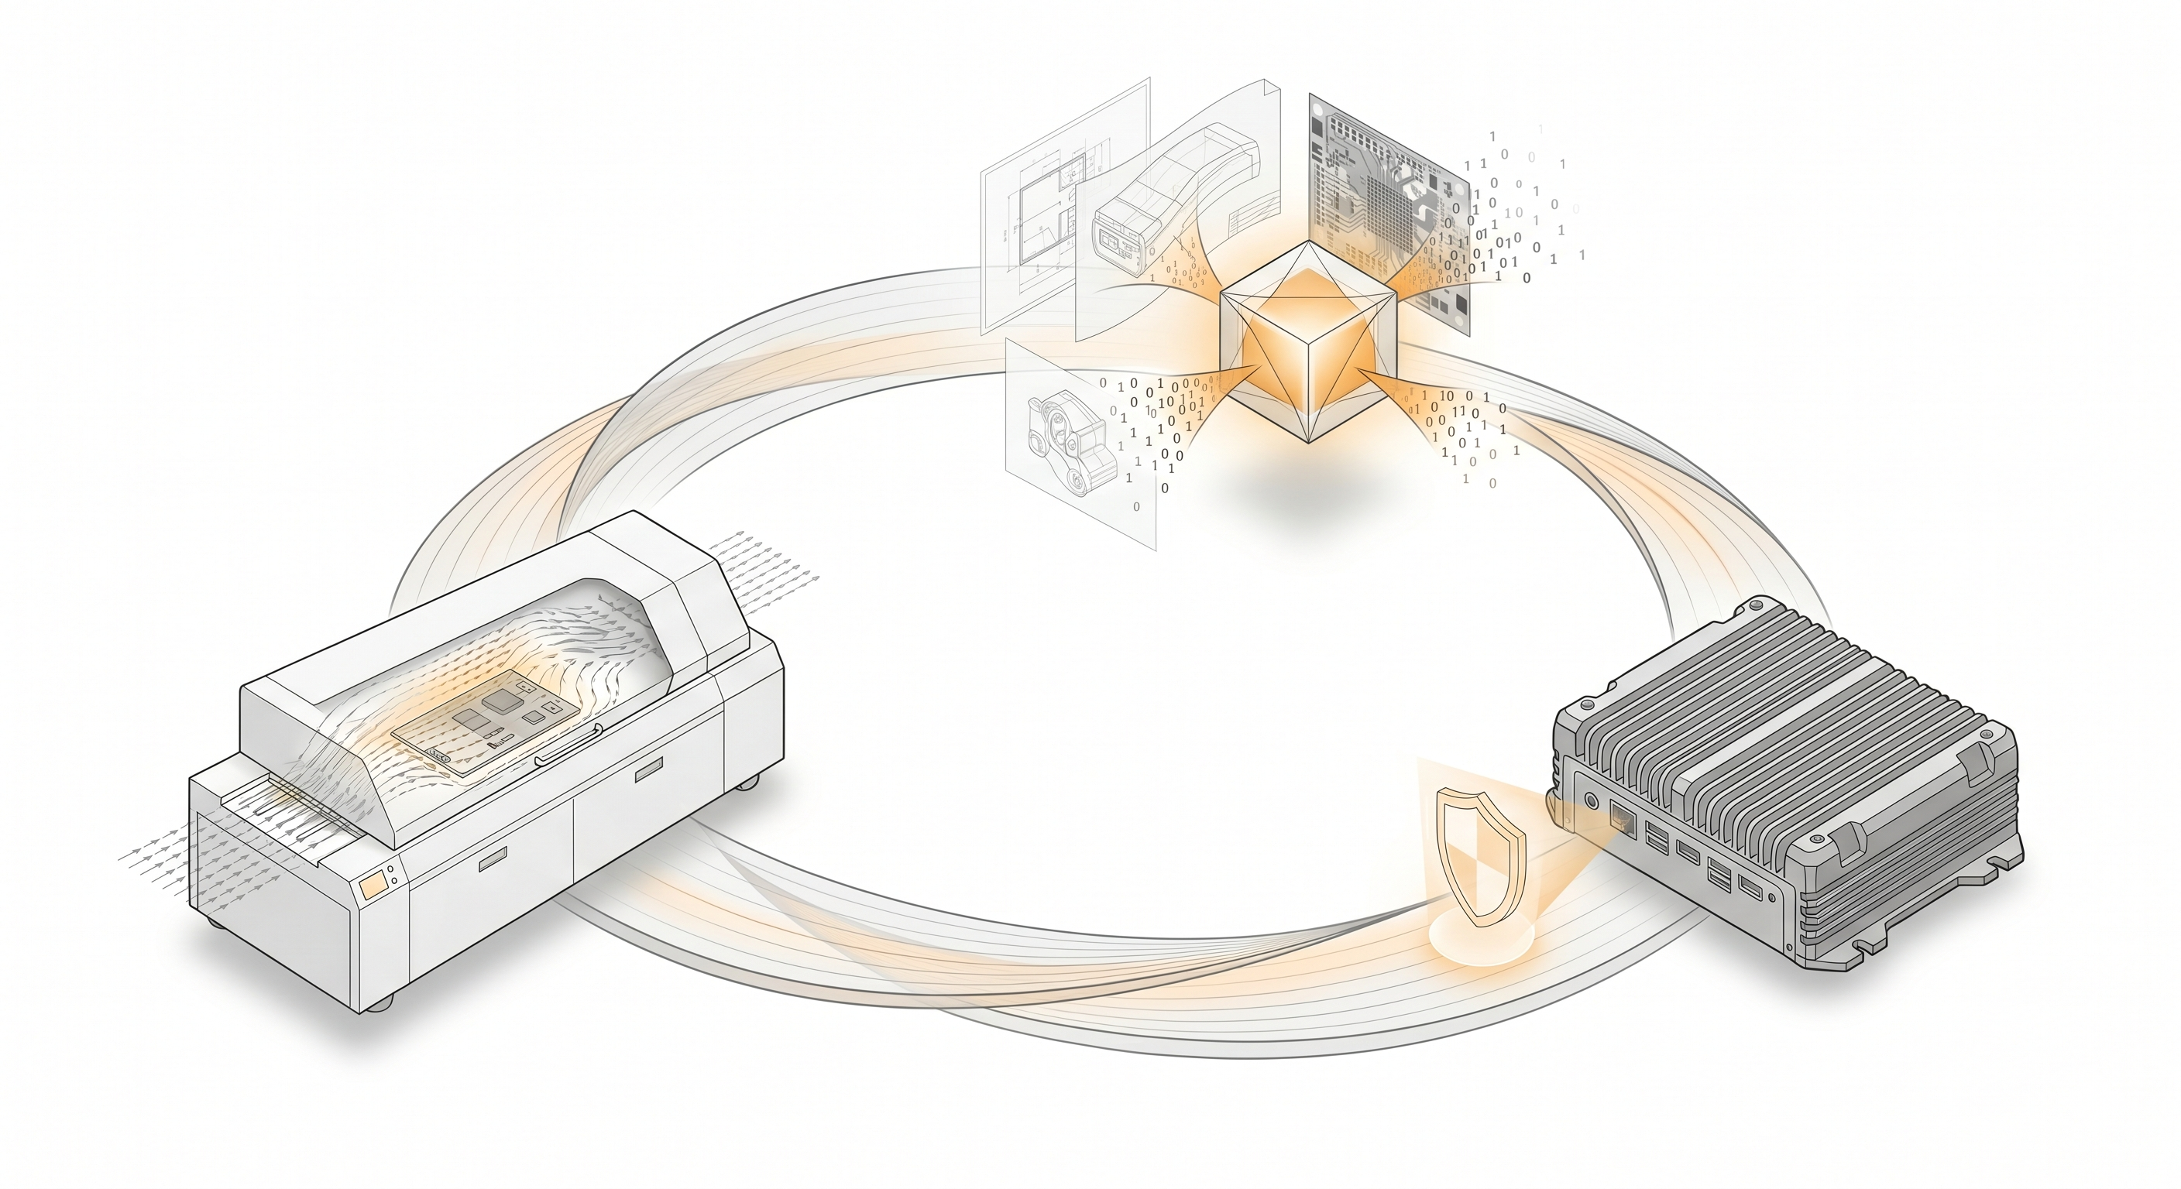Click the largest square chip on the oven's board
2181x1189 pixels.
click(x=500, y=700)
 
